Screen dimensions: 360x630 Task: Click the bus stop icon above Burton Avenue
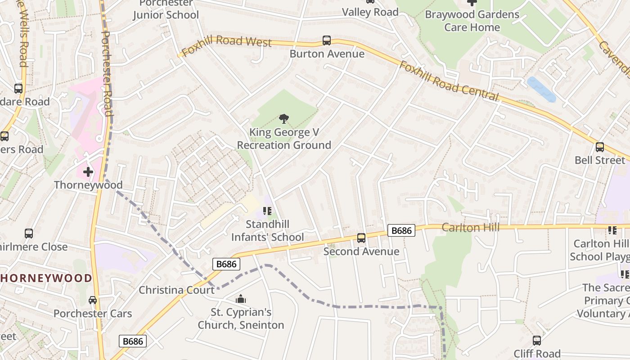pos(327,40)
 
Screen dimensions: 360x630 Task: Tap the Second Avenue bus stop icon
pos(361,238)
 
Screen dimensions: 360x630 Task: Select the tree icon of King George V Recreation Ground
pos(283,119)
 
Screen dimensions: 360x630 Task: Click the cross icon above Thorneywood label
pos(88,171)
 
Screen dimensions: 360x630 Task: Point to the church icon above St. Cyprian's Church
pos(241,299)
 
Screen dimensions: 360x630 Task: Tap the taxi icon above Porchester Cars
pos(93,300)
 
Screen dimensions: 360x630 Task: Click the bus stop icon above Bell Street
pos(599,147)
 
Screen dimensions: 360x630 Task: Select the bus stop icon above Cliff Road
pos(537,341)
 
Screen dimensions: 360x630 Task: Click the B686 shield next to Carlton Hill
pos(401,231)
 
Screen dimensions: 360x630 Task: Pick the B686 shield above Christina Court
pos(226,264)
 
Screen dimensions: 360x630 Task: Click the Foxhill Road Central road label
pos(449,81)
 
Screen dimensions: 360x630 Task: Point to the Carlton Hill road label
pos(470,227)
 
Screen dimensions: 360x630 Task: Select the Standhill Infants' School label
pos(267,230)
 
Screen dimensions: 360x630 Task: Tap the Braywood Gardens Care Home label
pos(472,21)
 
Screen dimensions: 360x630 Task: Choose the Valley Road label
pos(370,12)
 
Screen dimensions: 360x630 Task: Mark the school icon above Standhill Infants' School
pos(267,211)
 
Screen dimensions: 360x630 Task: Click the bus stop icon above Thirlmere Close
pos(29,234)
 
